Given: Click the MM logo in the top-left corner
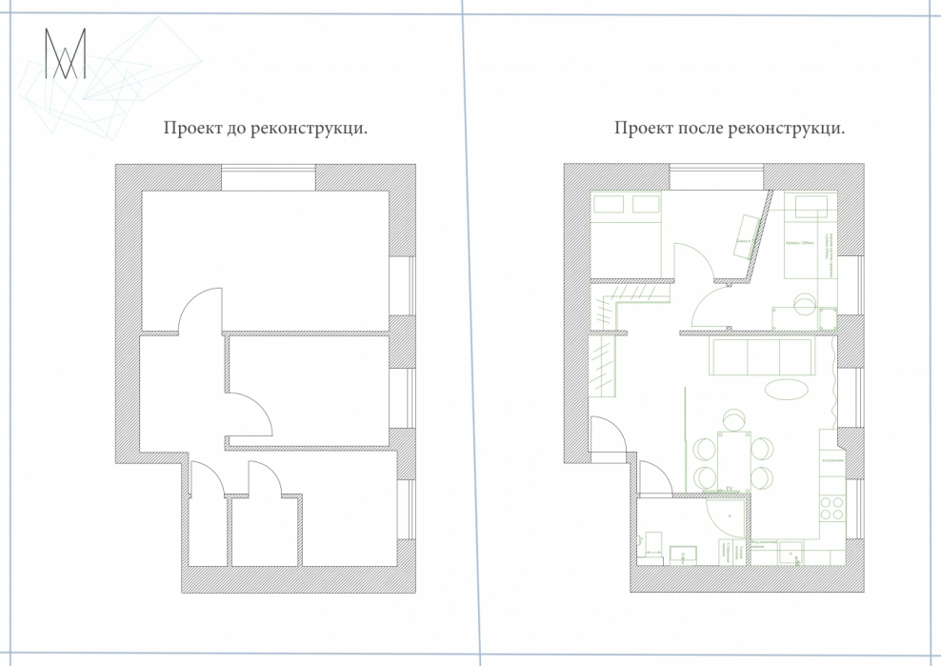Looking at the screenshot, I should (65, 54).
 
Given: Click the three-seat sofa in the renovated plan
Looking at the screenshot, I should (762, 356).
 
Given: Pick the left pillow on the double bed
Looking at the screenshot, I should (608, 203).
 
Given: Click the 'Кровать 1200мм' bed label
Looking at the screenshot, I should (801, 243).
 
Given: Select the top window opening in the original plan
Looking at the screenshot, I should (269, 177).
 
